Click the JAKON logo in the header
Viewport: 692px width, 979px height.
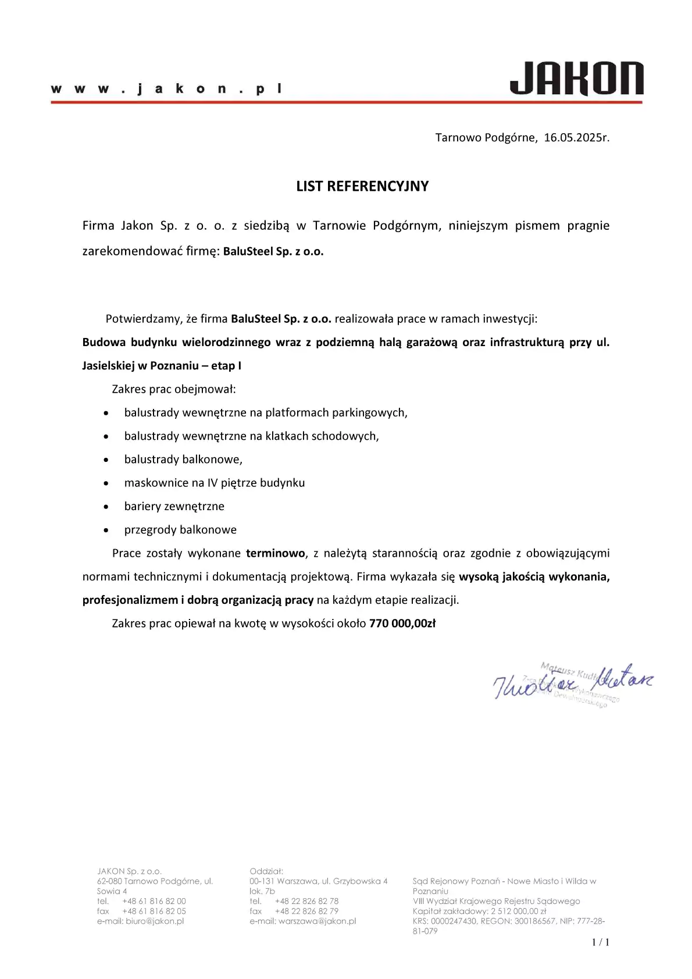coord(576,79)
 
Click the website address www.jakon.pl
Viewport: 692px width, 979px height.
coord(167,89)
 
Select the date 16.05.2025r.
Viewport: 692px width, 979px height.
coord(576,138)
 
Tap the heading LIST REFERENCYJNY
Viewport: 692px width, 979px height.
coord(362,186)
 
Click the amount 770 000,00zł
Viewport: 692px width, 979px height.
coord(402,624)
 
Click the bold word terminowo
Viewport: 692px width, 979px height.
coord(275,553)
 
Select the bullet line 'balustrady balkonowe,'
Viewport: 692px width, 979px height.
coord(183,460)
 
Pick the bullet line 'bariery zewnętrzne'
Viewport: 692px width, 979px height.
coord(174,507)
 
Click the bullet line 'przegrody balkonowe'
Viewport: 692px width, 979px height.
coord(180,530)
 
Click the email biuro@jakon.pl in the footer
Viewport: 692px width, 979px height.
coord(155,921)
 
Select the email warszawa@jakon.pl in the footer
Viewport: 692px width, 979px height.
coord(317,921)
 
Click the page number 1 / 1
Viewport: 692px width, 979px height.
coord(600,942)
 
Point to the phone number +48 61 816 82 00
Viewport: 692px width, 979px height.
coord(154,901)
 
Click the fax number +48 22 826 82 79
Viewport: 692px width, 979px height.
coord(306,911)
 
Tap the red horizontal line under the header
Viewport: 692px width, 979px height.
coord(347,102)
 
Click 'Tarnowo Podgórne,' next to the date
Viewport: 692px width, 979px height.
coord(486,138)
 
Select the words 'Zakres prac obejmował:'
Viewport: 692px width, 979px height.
coord(174,389)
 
